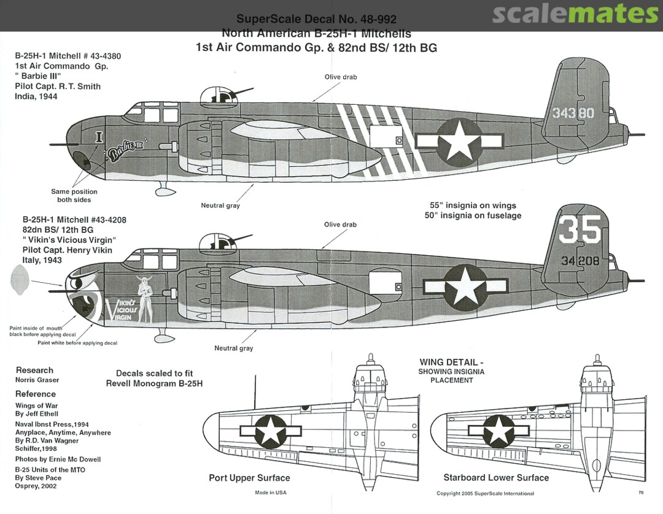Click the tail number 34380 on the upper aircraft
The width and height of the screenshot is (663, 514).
(573, 113)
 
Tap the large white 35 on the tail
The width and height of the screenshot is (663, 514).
(580, 229)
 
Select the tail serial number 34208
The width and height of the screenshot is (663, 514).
(579, 261)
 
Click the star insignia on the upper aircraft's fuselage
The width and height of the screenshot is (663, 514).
(459, 140)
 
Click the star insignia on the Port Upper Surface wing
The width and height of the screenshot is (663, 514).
(269, 431)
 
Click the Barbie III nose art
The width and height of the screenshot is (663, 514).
(126, 151)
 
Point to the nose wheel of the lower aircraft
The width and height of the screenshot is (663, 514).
(164, 337)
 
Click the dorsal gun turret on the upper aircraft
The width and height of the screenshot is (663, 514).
(216, 94)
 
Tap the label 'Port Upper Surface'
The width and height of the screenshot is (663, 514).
(249, 478)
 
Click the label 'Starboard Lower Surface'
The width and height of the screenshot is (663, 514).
(496, 477)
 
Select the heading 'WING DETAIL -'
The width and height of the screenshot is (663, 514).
(452, 362)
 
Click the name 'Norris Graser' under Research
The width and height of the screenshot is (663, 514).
(37, 380)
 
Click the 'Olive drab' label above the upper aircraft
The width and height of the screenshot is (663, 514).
(341, 77)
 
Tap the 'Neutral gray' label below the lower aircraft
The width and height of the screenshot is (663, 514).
(233, 348)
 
